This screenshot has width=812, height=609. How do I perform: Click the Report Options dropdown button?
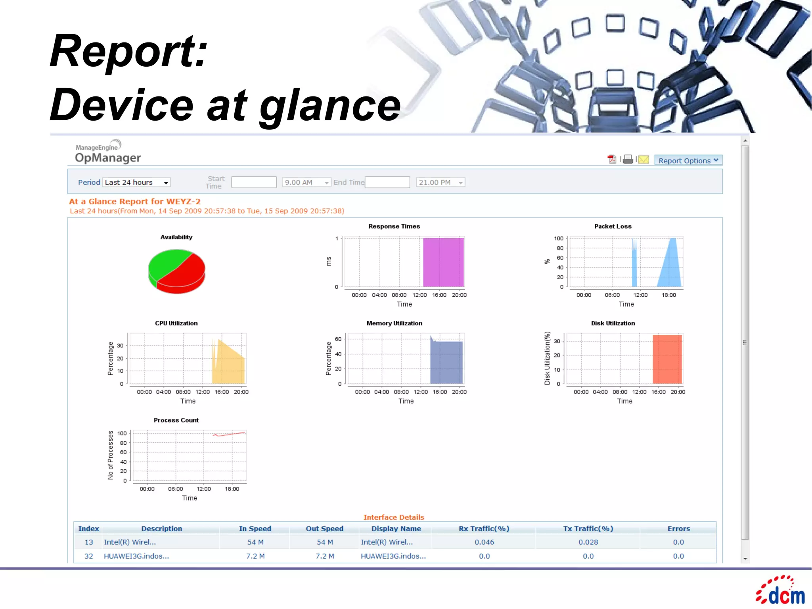click(688, 160)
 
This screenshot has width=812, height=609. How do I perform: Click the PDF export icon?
click(612, 159)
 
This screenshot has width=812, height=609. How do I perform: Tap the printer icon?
click(628, 159)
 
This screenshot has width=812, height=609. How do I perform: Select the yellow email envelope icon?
click(643, 159)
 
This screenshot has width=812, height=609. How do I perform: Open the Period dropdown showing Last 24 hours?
click(136, 183)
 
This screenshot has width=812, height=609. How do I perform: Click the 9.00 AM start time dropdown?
click(306, 183)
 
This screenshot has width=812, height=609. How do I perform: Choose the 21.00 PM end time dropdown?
click(440, 183)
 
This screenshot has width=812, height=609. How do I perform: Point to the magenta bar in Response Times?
click(443, 262)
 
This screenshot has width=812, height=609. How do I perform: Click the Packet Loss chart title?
click(613, 227)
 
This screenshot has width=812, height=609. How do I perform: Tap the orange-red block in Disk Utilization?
click(667, 359)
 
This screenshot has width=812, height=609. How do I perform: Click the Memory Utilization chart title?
click(394, 323)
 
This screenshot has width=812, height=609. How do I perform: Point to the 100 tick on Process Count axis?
click(122, 433)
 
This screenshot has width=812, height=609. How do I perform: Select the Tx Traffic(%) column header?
click(588, 529)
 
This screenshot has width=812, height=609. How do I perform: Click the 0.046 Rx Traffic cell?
click(484, 542)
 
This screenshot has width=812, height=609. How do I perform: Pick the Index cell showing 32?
click(88, 556)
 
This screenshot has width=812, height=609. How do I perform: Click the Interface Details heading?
click(394, 517)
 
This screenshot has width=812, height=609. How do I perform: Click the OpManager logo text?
click(108, 158)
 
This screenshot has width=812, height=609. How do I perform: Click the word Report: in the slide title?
click(129, 52)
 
